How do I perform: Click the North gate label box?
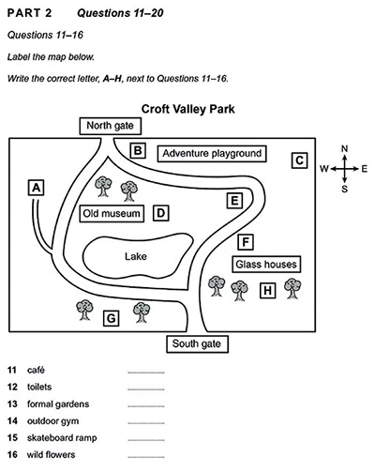110,126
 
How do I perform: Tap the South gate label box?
196,343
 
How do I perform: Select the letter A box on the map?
37,188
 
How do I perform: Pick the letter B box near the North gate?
137,150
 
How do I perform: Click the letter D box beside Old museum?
161,214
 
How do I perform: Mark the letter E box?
234,200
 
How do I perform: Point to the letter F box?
246,241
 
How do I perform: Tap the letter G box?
111,320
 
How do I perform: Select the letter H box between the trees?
268,292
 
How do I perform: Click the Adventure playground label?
210,153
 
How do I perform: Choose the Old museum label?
112,214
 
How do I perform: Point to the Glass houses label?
266,265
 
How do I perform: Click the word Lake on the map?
136,254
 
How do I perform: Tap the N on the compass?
344,149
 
